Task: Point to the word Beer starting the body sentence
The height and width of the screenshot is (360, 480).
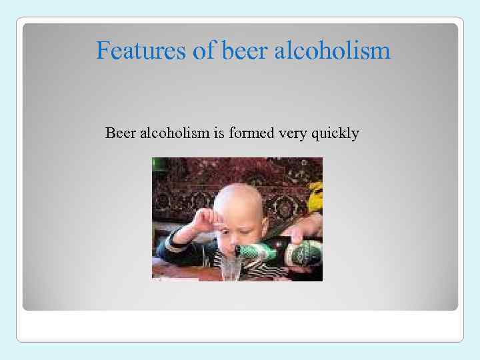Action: (120, 133)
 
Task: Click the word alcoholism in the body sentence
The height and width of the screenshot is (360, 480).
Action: (174, 133)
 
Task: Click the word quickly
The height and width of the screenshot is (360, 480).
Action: (336, 134)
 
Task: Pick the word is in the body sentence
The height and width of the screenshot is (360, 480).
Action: (219, 133)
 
